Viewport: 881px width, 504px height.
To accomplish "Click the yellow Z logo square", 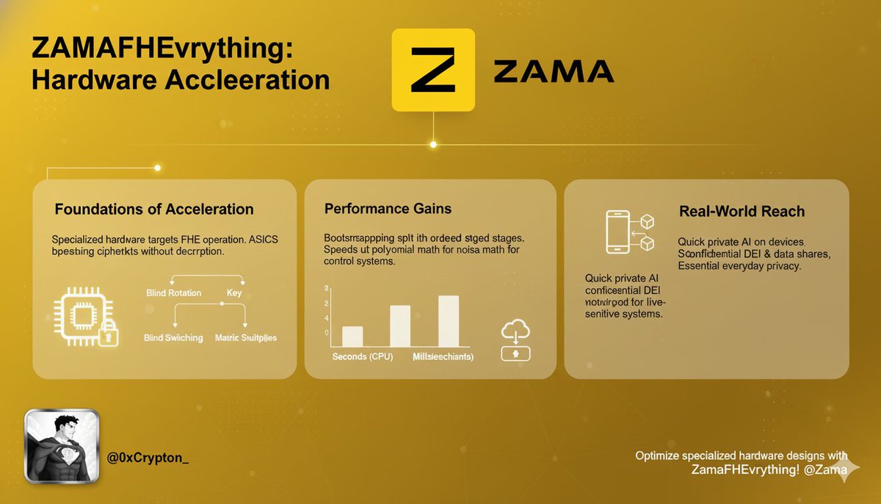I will tap(433, 71).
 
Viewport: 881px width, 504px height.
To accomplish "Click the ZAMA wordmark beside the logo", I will tap(554, 71).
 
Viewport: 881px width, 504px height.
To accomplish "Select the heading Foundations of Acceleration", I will tap(154, 209).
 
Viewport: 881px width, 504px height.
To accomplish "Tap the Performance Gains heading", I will tap(388, 209).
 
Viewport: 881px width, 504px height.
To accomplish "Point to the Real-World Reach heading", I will tap(742, 212).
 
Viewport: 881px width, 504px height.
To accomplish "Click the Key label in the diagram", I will tap(234, 293).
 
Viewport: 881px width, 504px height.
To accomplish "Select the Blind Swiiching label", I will tap(173, 338).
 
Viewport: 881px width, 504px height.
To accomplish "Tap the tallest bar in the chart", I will tap(448, 320).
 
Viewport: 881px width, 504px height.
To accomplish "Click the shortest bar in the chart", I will tap(352, 336).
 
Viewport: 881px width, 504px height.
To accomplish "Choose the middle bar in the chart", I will tap(400, 325).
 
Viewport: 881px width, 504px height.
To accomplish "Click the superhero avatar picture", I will tap(61, 446).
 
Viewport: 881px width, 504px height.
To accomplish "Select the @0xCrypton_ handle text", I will tap(148, 458).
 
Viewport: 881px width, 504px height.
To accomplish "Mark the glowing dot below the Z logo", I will tap(433, 144).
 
